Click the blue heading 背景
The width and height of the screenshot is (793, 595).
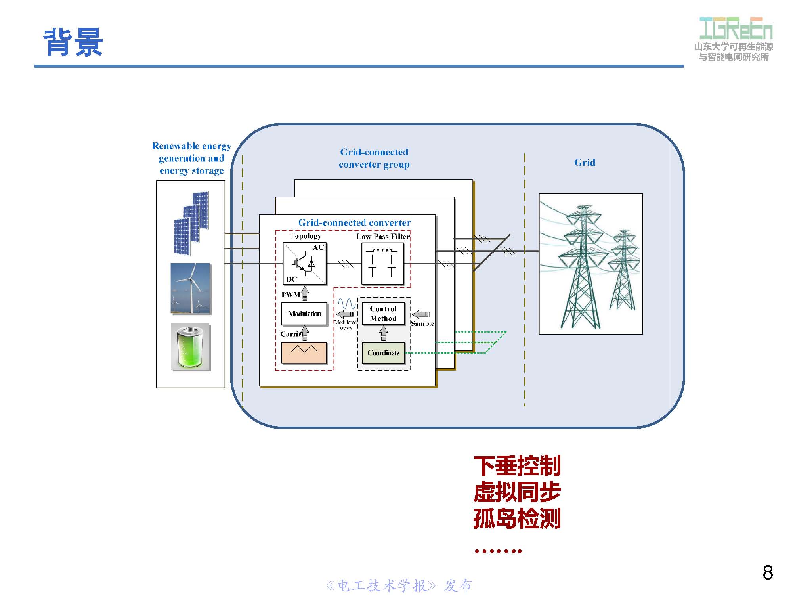coord(73,42)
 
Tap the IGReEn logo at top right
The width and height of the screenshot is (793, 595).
coord(736,29)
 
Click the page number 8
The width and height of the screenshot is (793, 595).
coord(767,572)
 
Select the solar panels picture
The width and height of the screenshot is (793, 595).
coord(191,223)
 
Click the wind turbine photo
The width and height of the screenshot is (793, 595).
coord(191,288)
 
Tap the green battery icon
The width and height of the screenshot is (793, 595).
coord(191,347)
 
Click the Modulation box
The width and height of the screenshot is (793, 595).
coord(304,314)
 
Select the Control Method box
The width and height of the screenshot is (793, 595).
coord(383,313)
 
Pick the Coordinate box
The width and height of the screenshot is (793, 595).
coord(383,353)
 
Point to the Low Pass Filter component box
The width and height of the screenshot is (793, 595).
coord(382,263)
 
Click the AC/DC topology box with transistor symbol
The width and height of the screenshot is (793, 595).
coord(304,263)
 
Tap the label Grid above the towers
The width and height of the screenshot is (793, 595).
coord(585,162)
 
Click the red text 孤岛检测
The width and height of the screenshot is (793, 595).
coord(517,518)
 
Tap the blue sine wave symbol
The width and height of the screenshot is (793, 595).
coord(347,304)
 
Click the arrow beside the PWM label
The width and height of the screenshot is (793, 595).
coord(305,294)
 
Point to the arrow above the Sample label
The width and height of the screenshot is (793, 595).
coord(421,314)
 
